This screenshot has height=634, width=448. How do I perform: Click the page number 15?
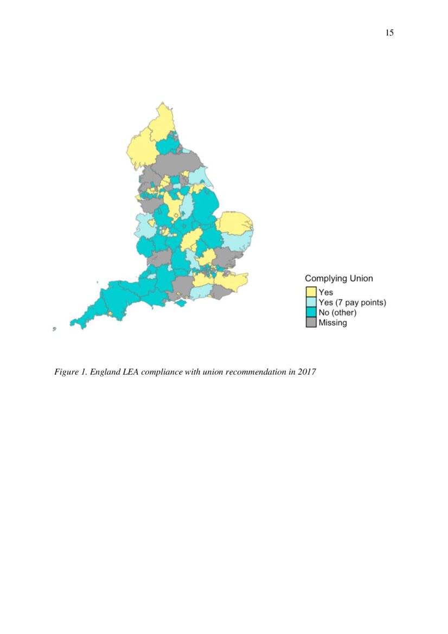[x=389, y=33]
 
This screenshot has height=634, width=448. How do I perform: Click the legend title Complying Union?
[x=338, y=278]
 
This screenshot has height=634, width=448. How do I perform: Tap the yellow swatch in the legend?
[x=311, y=292]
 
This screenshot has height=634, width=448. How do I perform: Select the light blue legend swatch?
[x=311, y=303]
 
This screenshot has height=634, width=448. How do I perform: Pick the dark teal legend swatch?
[x=311, y=312]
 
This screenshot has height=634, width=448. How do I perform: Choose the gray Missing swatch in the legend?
[x=311, y=323]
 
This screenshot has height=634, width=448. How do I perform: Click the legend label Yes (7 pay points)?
[x=352, y=303]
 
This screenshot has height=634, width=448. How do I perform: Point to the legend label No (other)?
[x=337, y=312]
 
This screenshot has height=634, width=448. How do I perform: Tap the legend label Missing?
[x=332, y=323]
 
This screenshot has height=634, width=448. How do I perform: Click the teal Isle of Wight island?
[x=181, y=303]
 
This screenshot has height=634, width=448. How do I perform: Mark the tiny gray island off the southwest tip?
[x=54, y=329]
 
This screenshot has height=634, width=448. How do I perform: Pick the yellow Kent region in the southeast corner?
[x=232, y=281]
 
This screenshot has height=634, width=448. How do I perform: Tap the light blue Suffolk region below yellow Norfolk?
[x=239, y=242]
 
